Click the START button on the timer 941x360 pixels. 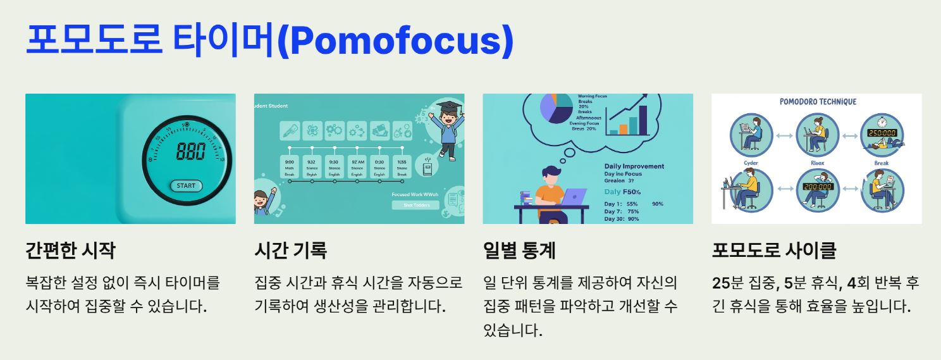(x=186, y=186)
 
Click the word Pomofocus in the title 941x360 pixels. (x=395, y=40)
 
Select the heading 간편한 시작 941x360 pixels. (x=70, y=251)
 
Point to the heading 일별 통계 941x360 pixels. (x=519, y=251)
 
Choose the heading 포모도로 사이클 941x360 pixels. (x=773, y=251)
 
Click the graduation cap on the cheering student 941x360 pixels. (x=448, y=106)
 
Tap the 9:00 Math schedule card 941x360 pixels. (x=290, y=167)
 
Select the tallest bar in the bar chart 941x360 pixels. (x=643, y=120)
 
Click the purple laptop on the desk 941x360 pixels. (x=574, y=197)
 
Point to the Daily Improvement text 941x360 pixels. (x=634, y=166)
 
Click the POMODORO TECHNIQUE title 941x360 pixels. (x=818, y=102)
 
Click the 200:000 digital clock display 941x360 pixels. (x=817, y=187)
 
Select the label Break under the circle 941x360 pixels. (x=881, y=163)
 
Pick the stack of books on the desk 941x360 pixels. (x=526, y=197)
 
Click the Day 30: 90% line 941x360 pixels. (x=621, y=219)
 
